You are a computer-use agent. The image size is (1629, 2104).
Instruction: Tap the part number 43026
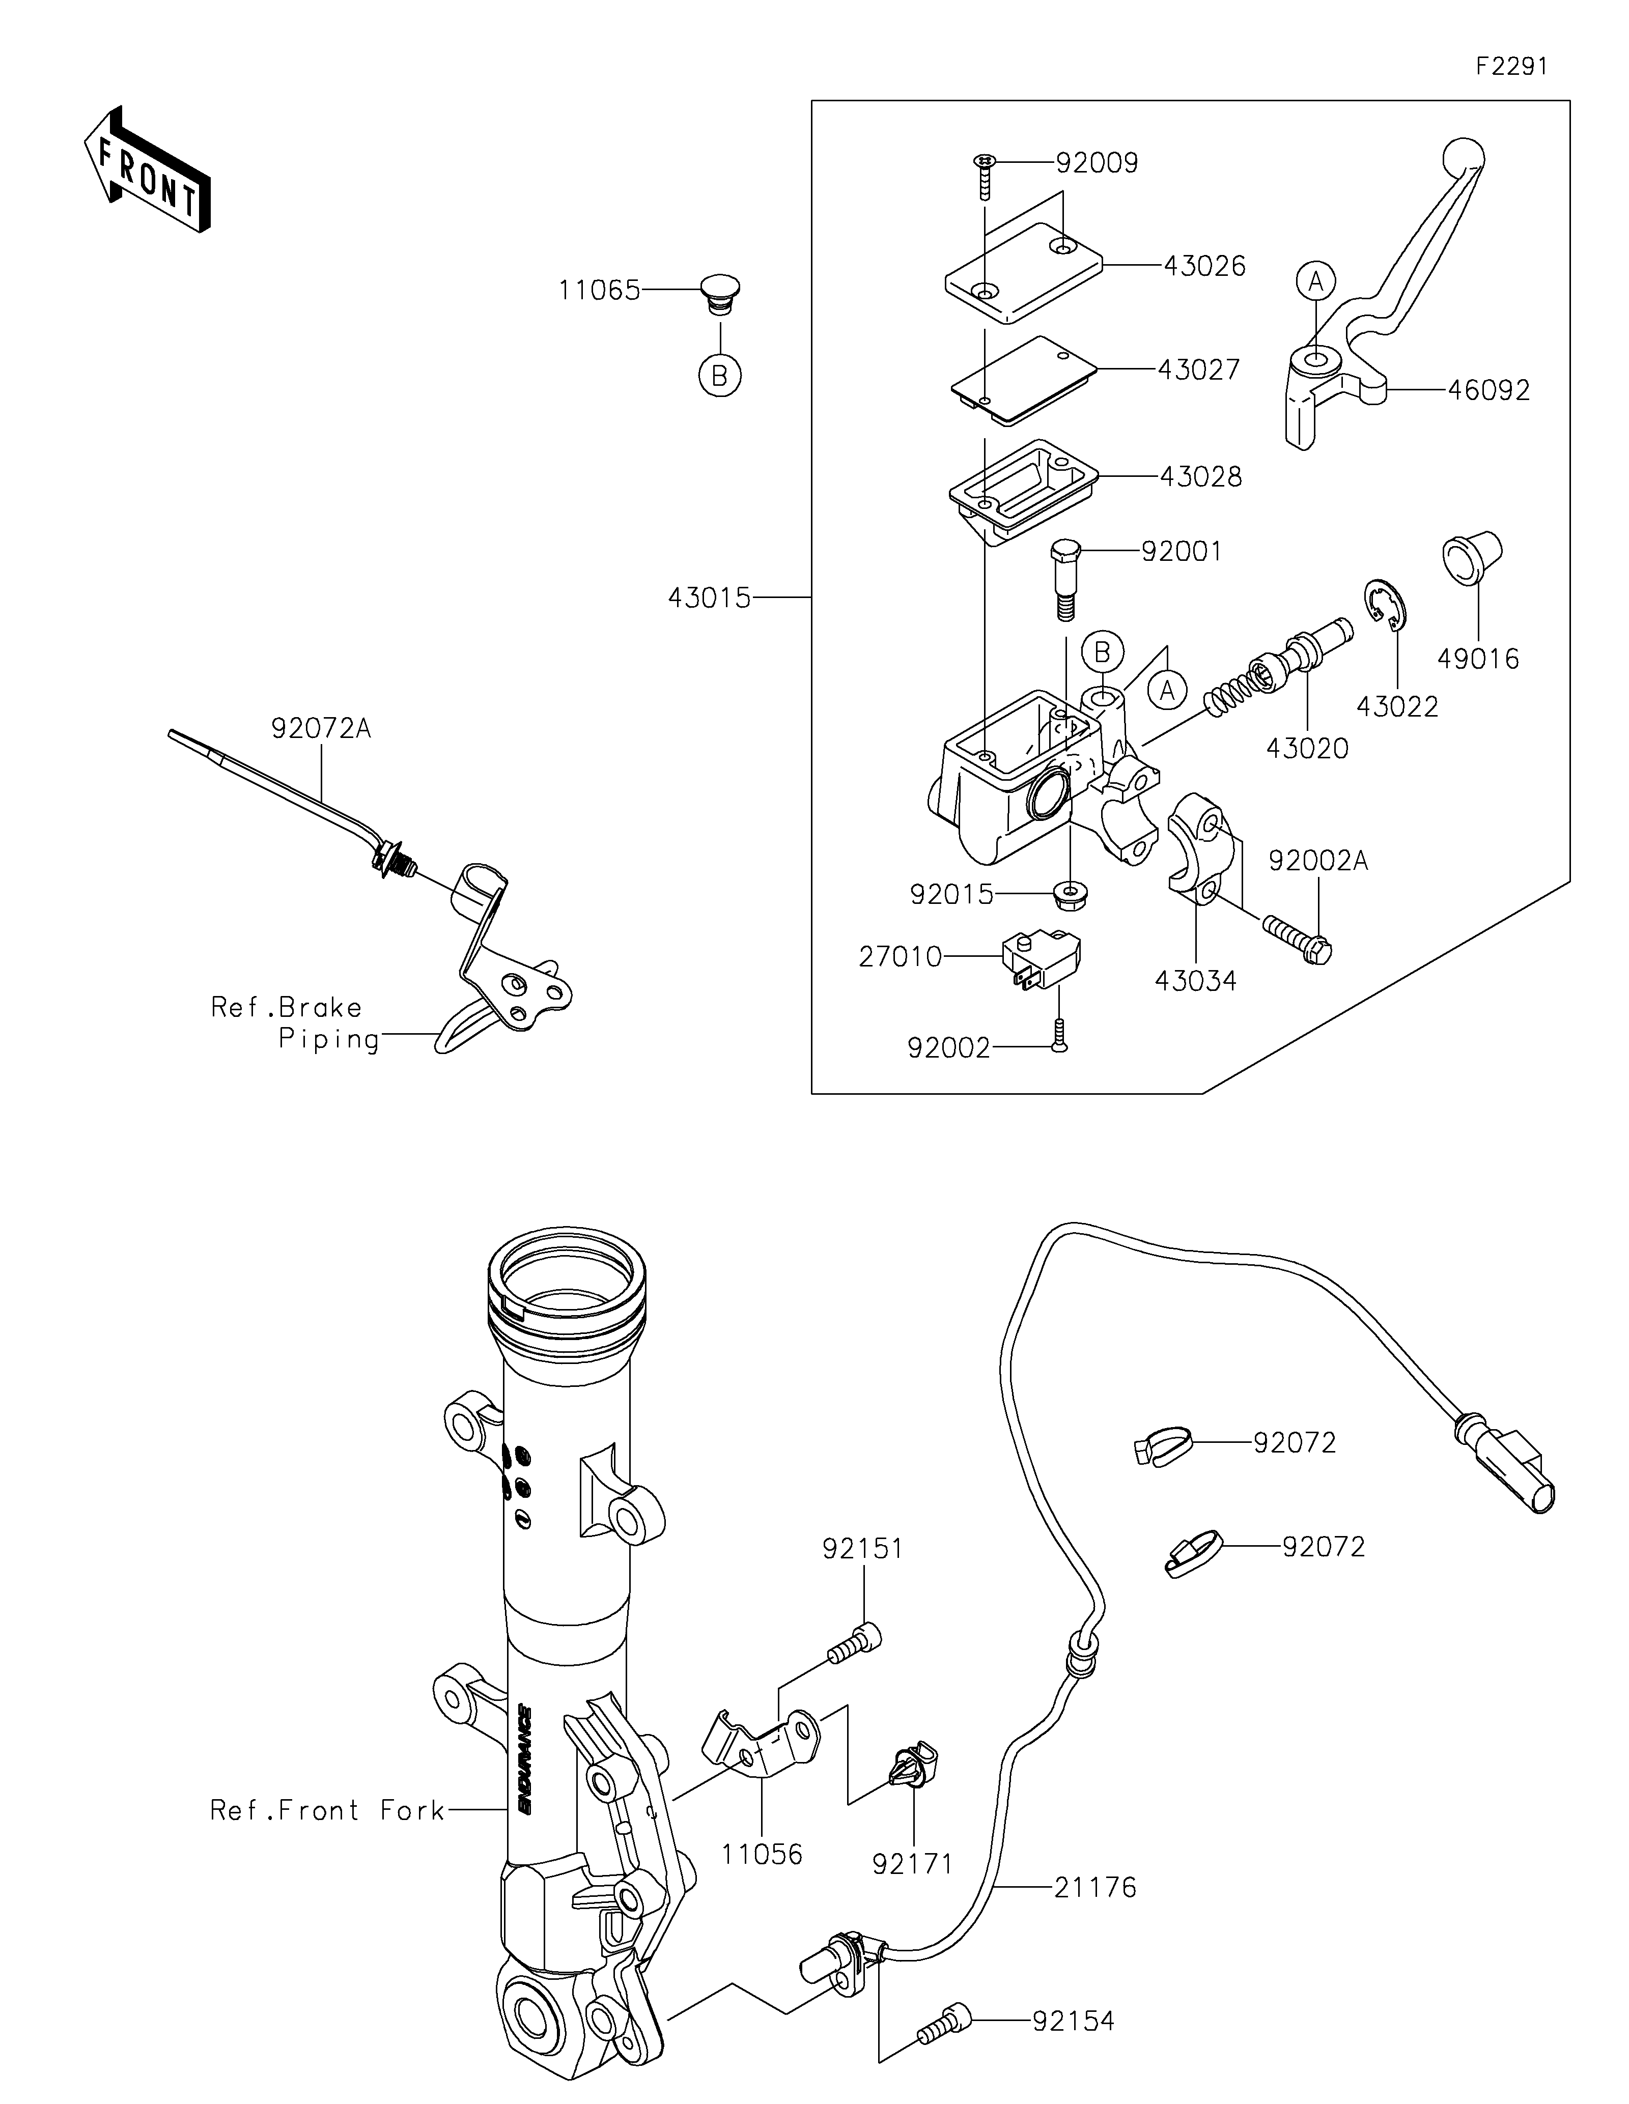[x=1204, y=266]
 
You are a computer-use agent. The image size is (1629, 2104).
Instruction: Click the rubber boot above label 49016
[x=1472, y=557]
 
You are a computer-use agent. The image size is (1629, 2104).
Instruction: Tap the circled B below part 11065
[x=720, y=376]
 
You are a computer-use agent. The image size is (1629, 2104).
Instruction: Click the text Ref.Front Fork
[x=327, y=1811]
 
